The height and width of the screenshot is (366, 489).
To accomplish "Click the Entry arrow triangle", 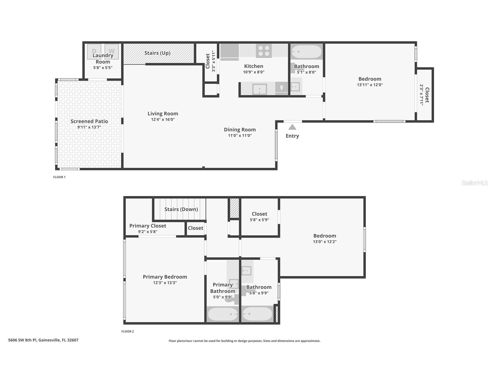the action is point(292,127).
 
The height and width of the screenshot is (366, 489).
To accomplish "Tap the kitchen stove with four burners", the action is point(264,51).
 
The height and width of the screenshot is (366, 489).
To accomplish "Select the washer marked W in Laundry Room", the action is point(112,52).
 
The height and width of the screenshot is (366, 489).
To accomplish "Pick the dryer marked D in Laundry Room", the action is point(94,52).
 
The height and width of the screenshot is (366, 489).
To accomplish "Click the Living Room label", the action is point(163,114).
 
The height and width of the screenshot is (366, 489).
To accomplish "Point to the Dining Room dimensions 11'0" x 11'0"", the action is point(240,136).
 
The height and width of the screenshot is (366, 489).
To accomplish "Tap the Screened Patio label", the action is point(89,121).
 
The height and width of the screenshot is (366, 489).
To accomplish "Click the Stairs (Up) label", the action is point(157,53).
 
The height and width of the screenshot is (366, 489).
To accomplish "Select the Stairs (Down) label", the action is point(181,209).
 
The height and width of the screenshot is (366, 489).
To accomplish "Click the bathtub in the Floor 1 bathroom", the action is point(306,52).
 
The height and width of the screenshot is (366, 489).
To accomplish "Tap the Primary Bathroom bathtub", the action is point(223,314).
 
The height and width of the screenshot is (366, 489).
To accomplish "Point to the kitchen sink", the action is point(259,89).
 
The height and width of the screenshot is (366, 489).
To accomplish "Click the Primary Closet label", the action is point(148,226).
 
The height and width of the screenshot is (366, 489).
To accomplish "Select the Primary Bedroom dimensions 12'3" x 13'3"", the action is point(165,283).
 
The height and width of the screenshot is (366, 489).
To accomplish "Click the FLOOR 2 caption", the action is point(128,331).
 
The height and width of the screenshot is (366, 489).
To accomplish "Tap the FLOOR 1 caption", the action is point(59,177).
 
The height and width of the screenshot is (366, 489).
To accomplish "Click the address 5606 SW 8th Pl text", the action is point(22,340).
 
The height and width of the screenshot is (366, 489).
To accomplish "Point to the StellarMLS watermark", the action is point(475,183).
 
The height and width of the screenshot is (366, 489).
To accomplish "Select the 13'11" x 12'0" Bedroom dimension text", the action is point(370,85).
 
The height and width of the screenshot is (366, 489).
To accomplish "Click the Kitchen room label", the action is point(254,66).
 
